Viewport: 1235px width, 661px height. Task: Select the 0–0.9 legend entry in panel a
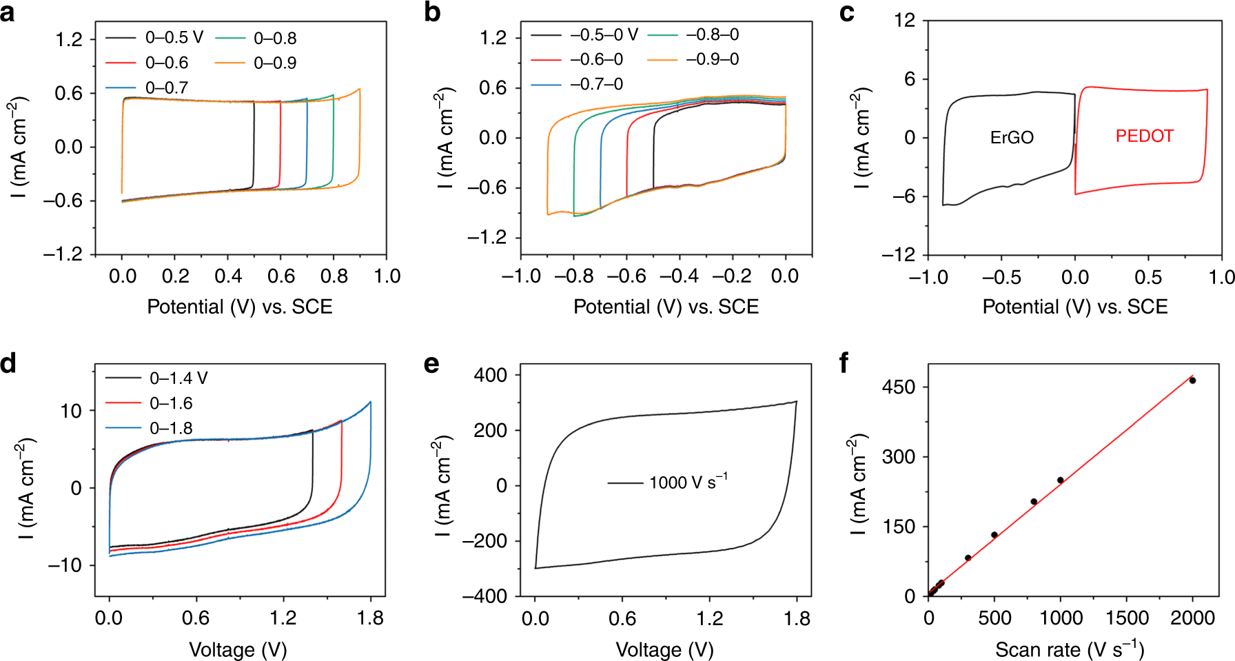[274, 63]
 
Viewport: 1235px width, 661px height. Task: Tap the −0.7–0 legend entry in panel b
[596, 84]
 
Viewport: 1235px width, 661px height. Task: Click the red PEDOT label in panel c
[1144, 136]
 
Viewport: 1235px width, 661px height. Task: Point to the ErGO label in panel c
[1012, 137]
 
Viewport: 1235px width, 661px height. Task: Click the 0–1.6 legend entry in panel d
[171, 403]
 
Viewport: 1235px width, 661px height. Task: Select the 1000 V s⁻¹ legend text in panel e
[687, 482]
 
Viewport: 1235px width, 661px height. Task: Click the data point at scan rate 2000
[1192, 380]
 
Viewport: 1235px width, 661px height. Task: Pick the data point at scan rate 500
[994, 535]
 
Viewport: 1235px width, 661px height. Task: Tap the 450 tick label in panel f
[898, 387]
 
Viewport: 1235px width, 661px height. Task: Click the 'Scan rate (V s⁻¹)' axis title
[1069, 649]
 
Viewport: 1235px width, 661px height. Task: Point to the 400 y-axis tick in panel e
[491, 375]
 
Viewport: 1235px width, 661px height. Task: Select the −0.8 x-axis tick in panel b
[573, 276]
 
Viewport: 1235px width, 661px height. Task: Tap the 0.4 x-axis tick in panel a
[228, 276]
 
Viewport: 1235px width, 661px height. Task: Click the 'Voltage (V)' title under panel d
[238, 649]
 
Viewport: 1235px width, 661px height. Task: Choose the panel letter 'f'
[844, 363]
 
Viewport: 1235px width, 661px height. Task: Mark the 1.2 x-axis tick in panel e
[710, 618]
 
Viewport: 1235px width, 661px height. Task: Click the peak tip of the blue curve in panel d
[370, 402]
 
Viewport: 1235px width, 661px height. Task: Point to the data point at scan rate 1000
[1060, 480]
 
